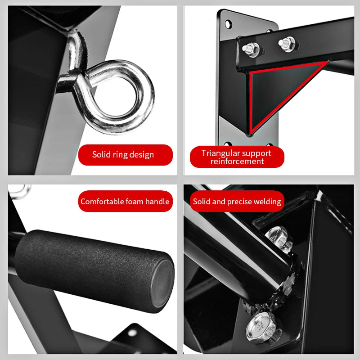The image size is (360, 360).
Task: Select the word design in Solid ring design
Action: coord(143,155)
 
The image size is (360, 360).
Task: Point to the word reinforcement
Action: coord(237,162)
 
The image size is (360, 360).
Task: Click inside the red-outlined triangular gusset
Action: coord(274,90)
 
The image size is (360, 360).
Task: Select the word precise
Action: coord(239,202)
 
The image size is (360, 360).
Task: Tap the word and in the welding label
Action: coord(219,202)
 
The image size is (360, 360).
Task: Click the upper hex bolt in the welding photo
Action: coord(277,238)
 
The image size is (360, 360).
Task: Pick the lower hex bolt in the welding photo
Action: coord(261,327)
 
